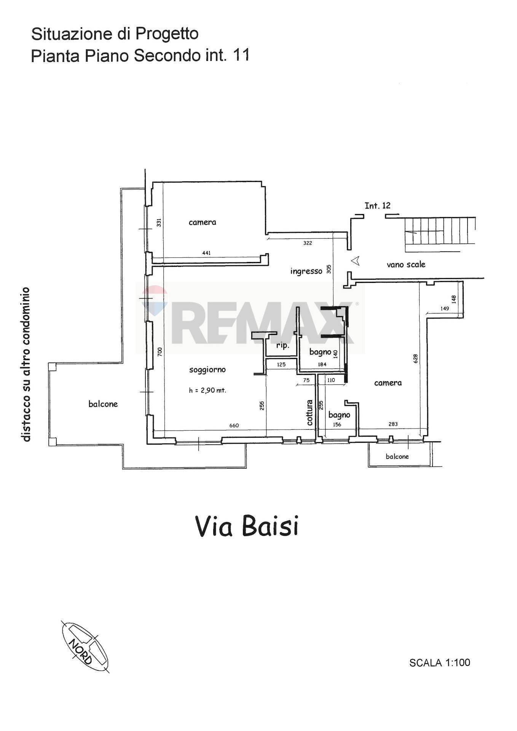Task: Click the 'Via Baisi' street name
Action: coord(247,527)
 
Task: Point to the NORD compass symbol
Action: coord(85,646)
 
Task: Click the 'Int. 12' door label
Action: coord(377,206)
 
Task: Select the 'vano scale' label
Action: coord(406,264)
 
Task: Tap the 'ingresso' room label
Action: coord(306,271)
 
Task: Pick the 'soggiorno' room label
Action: coord(207,369)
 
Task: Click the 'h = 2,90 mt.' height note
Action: coord(207,390)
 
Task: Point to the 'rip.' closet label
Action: coord(282,346)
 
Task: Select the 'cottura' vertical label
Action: coord(310,412)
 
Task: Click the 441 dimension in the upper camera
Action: coord(206,253)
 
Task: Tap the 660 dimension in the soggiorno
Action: coord(234,425)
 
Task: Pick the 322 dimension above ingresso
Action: coord(308,243)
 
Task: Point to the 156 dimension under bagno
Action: coord(337,425)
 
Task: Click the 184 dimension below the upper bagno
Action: coord(322,364)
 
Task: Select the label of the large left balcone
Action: coord(103,404)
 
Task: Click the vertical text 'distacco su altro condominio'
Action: coord(26,364)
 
